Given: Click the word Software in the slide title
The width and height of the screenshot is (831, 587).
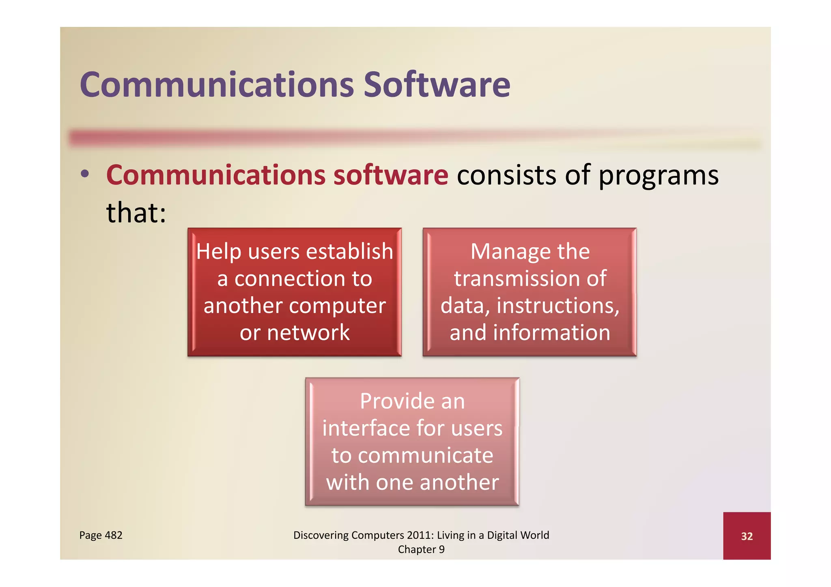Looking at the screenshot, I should tap(437, 85).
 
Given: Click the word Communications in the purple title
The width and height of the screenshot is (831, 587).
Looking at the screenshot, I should tap(217, 85).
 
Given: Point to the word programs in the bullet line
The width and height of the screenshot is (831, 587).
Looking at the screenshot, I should tap(658, 176).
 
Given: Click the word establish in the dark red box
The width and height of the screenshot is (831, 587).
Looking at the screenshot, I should tap(349, 251).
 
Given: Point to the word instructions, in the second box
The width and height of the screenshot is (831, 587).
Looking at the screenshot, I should tap(558, 306).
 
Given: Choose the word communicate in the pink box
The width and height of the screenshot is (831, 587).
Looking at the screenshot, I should tap(425, 455).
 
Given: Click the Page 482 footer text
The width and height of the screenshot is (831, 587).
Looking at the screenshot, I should tap(101, 535).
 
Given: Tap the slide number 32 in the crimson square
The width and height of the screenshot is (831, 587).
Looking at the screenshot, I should tap(747, 536).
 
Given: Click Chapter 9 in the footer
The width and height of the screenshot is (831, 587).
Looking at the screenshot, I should tap(421, 549).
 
